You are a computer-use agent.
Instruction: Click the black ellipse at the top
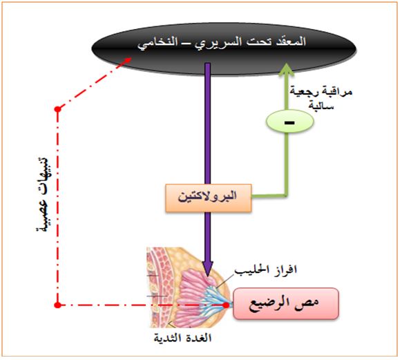(224, 49)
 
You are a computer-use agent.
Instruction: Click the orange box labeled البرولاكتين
(208, 198)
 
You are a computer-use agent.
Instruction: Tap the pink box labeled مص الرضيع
(286, 303)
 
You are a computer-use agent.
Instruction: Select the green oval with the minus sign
(289, 122)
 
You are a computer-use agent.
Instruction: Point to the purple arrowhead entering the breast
(207, 269)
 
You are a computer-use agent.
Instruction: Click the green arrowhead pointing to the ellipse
(287, 70)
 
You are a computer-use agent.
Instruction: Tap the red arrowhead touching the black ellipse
(126, 61)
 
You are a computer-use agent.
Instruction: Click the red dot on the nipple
(226, 305)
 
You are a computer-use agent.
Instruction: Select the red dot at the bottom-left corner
(58, 305)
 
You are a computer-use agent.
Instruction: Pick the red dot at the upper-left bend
(58, 109)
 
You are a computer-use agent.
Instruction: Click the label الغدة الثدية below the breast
(182, 338)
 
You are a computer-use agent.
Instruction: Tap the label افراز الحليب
(266, 270)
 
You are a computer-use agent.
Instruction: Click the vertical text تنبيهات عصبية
(43, 194)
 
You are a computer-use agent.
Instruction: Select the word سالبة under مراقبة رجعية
(321, 106)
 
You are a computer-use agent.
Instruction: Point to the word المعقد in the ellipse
(291, 41)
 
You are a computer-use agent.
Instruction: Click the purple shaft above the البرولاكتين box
(208, 124)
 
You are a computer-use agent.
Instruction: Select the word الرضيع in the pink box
(272, 303)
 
